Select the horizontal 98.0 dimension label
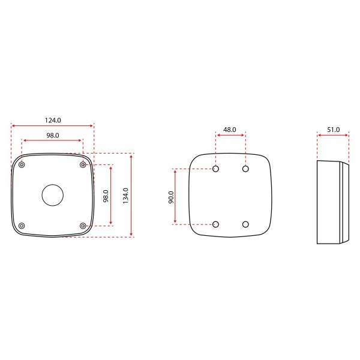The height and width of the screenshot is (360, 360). click(52, 136)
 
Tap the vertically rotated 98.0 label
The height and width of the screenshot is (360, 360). click(106, 196)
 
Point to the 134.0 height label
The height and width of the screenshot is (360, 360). click(125, 196)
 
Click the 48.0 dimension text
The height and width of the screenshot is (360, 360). click(230, 130)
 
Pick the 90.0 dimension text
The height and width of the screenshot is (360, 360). click(170, 197)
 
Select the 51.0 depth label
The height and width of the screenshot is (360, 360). click(333, 130)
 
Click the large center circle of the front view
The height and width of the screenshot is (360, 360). click(52, 195)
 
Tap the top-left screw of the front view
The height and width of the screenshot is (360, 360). click(22, 165)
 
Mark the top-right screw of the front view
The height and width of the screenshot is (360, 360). click(83, 165)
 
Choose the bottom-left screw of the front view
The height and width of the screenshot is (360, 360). click(22, 226)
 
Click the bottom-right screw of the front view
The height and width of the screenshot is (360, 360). click(83, 226)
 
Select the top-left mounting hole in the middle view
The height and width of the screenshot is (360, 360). click(215, 169)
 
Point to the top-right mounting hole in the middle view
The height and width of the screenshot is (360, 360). click(245, 169)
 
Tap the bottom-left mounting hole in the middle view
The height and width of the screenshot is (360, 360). click(215, 224)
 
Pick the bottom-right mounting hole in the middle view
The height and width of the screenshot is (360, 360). click(245, 224)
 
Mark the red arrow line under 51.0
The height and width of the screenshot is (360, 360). click(333, 136)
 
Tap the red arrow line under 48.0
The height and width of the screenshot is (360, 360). click(230, 136)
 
